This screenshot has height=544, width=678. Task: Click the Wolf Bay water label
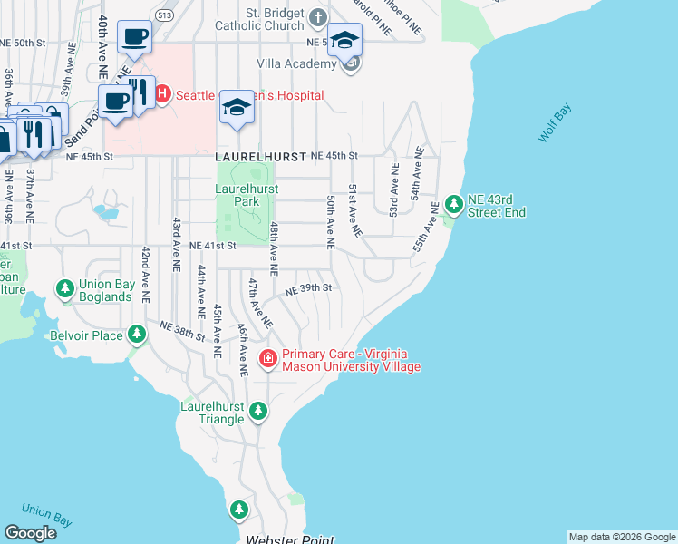[x=556, y=124]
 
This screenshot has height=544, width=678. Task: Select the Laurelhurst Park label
[x=246, y=195]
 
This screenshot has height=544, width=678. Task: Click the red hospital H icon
[x=164, y=93]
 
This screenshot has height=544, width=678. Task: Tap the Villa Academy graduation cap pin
[x=344, y=41]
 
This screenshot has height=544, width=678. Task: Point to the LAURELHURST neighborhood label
[x=261, y=157]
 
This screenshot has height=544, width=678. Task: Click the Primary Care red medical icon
[x=268, y=360]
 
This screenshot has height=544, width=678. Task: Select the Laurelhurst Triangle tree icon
[x=258, y=413]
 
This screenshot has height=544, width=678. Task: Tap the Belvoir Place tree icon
[x=137, y=335]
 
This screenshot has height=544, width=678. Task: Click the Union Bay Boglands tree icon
[x=65, y=289]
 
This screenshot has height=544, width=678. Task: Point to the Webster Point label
[x=290, y=539]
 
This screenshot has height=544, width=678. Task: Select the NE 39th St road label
[x=309, y=289]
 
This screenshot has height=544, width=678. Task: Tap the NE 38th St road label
[x=182, y=330]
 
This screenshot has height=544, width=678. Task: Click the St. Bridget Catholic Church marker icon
[x=317, y=17]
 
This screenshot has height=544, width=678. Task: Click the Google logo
[x=30, y=532]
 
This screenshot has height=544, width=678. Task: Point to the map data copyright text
[x=622, y=537]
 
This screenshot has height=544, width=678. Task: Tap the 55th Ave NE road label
[x=425, y=226]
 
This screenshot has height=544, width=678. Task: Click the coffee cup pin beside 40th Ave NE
[x=134, y=37]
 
